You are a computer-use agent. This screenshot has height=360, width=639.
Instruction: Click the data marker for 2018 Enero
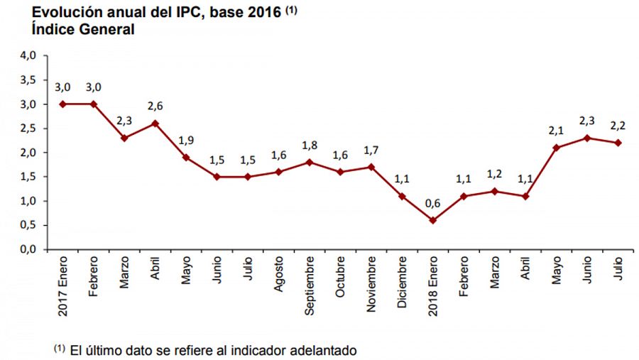tap(432, 220)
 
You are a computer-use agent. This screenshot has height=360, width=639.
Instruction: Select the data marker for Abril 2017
tap(155, 124)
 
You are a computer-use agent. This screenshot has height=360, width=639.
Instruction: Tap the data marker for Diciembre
tap(402, 196)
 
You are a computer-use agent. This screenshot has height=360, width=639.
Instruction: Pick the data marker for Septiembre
tap(310, 162)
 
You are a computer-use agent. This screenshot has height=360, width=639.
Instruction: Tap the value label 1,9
tap(186, 139)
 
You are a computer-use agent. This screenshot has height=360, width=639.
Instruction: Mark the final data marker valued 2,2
tap(617, 143)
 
